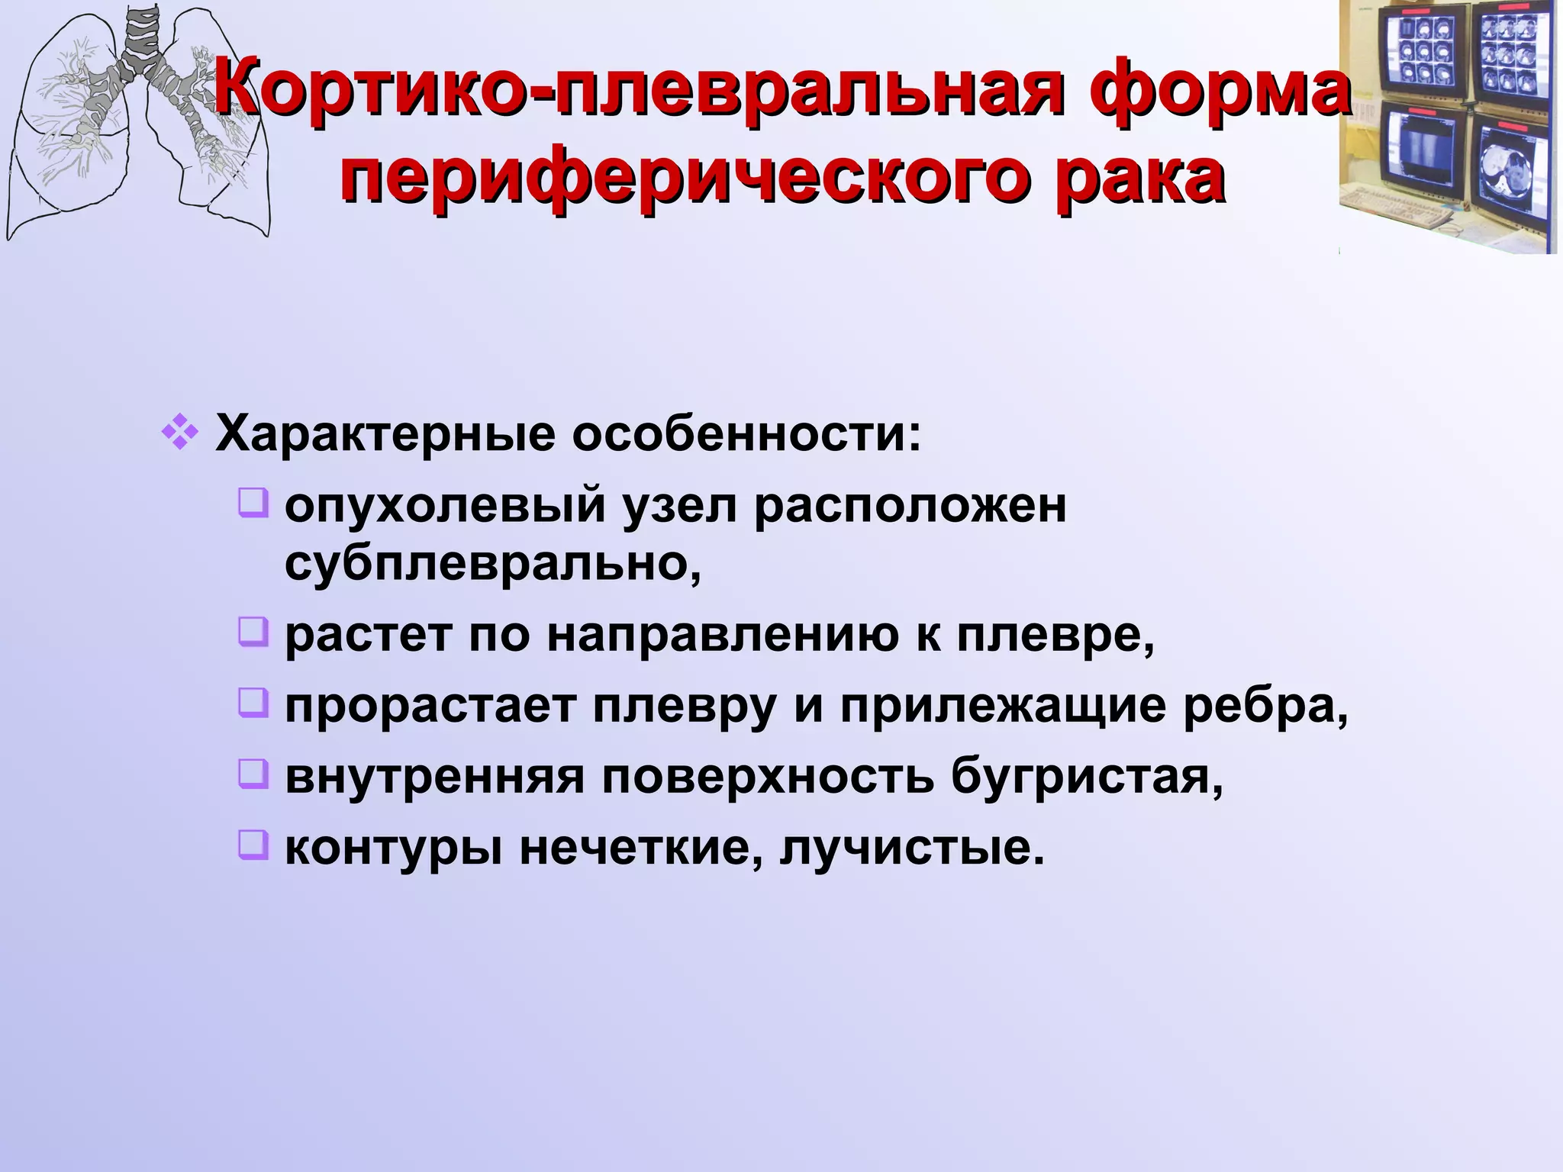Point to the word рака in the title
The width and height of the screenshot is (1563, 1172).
(x=1142, y=181)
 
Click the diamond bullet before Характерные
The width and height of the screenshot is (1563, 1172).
(x=180, y=433)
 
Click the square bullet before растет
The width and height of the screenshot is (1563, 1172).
(x=253, y=632)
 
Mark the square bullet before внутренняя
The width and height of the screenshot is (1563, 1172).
(x=253, y=773)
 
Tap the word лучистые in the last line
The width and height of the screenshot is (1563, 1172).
(x=911, y=847)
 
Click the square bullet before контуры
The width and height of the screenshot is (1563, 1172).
(x=253, y=844)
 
